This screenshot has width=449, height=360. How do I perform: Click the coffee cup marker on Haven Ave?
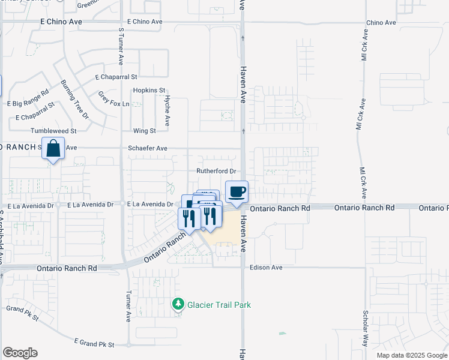tap(237, 192)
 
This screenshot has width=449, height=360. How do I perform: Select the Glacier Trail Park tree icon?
tap(178, 305)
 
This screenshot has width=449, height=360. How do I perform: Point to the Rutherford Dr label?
tap(214, 171)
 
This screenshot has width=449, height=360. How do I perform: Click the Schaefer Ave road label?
tap(148, 148)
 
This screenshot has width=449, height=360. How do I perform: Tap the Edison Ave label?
tap(266, 268)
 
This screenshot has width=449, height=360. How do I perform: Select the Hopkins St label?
tap(149, 90)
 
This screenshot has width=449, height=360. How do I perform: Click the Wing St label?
tap(144, 131)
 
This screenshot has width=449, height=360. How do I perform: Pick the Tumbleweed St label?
tap(53, 131)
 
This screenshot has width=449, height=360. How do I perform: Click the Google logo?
tap(20, 353)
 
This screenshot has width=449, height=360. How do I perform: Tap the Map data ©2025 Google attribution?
tap(411, 355)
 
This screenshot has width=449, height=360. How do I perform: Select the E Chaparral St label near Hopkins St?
tap(116, 77)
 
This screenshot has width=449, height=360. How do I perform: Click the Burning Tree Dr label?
tap(74, 99)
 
